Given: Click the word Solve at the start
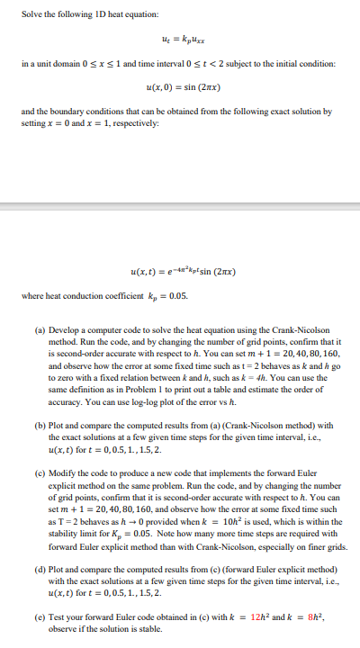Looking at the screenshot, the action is tap(30, 15).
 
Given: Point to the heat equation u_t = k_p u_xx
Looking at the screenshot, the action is tap(179, 40).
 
